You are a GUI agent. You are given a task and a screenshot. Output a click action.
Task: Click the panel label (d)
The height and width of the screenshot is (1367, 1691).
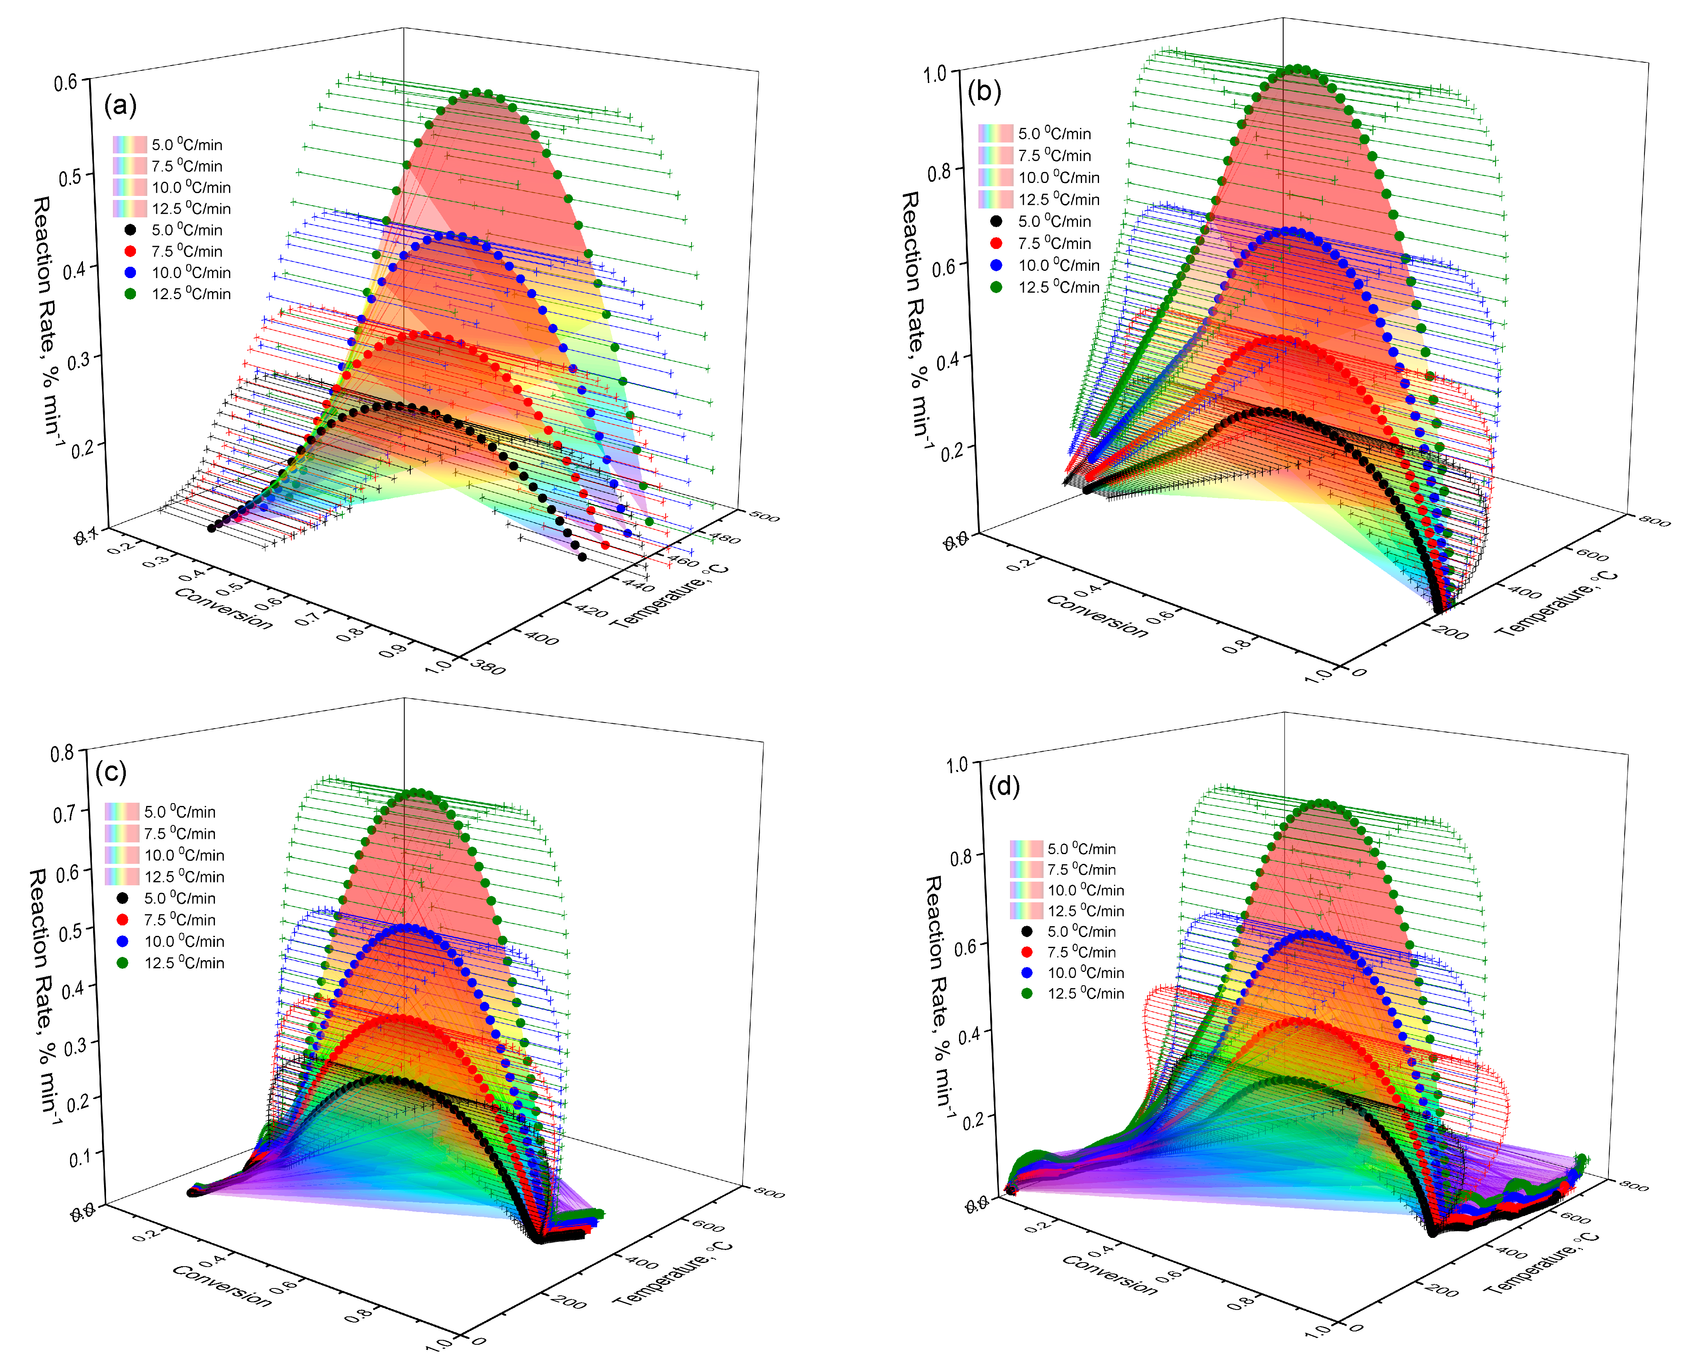1004,786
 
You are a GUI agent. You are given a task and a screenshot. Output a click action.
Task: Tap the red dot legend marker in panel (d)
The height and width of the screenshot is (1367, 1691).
1027,952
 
